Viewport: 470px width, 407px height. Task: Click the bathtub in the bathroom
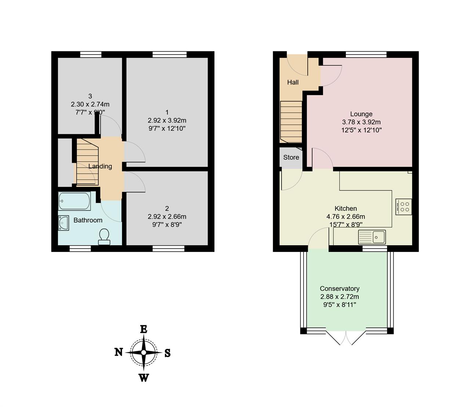[75, 201]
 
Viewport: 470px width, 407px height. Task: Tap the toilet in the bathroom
[104, 236]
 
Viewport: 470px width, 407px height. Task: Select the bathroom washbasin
[64, 223]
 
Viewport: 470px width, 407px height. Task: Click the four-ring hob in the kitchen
[404, 207]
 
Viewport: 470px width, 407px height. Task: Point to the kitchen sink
[372, 237]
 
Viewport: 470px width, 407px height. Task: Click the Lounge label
[361, 114]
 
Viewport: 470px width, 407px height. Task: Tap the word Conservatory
[340, 289]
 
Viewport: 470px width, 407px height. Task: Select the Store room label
[291, 157]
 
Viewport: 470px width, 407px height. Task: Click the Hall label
[293, 82]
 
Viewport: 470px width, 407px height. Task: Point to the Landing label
[100, 166]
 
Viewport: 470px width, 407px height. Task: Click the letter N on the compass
[119, 352]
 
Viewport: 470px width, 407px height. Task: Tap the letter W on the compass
[144, 378]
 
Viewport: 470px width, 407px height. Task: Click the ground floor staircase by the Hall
[291, 122]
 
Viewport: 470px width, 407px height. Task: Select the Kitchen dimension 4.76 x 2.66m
[346, 217]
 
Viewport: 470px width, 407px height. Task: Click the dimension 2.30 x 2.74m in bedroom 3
[90, 104]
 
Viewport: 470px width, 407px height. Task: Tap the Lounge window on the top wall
[366, 55]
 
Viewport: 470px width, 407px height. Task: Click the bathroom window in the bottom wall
[80, 249]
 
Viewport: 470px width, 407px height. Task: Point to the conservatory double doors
[346, 337]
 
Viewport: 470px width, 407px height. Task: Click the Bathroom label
[88, 220]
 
